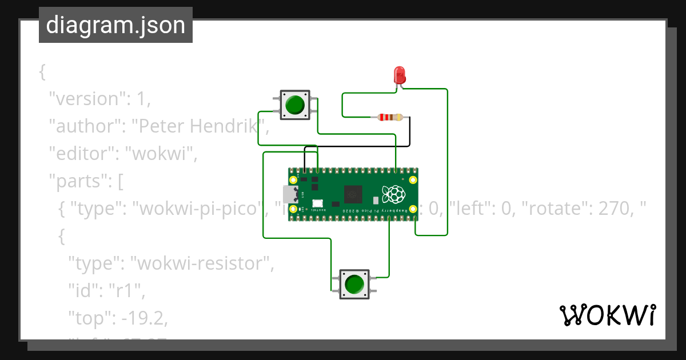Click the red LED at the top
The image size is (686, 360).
pos(400,75)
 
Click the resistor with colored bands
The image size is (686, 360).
pos(390,118)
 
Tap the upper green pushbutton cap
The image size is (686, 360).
pos(295,105)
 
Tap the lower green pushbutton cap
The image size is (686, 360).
pos(354,284)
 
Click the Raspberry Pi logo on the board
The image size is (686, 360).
pos(394,194)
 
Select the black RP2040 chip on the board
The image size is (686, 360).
pos(352,194)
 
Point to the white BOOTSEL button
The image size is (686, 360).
pos(317,203)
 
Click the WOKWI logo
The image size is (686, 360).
pos(607,315)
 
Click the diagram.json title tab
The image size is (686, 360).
pos(115,25)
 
